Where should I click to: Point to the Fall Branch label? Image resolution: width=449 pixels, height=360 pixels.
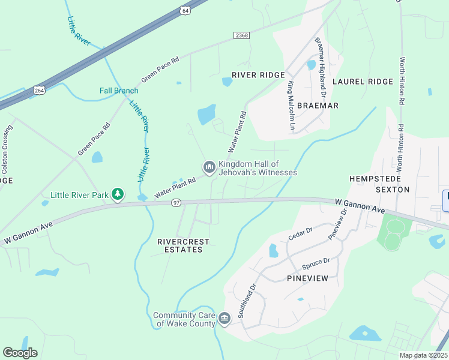[119, 91]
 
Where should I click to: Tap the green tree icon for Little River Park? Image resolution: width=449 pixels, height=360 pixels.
[119, 194]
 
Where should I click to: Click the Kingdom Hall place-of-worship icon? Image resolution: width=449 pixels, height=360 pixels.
[209, 167]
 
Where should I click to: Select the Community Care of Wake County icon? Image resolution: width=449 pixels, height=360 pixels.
[224, 318]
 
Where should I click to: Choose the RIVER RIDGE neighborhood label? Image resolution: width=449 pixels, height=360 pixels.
[262, 75]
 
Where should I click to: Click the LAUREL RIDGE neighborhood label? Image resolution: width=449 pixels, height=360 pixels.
[362, 81]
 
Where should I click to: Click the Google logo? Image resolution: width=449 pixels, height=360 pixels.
[20, 352]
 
